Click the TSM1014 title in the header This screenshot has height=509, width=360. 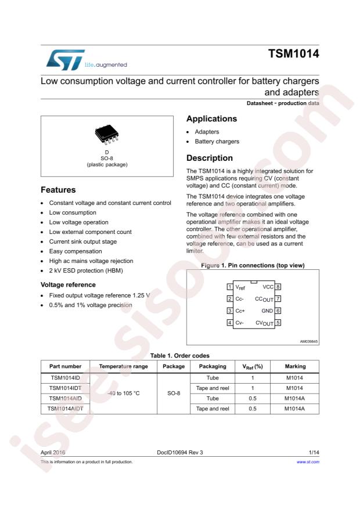(293, 55)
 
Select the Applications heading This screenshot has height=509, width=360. (211, 119)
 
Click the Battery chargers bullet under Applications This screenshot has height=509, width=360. (217, 141)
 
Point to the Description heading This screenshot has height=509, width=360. (209, 158)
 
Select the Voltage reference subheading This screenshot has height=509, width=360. (68, 285)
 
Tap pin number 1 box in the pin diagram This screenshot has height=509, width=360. (230, 287)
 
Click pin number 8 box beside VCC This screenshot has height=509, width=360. (278, 287)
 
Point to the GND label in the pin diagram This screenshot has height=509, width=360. (267, 311)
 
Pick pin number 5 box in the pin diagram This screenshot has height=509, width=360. (278, 323)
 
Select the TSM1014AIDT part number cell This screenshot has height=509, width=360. (65, 409)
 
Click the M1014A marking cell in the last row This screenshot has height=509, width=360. (294, 409)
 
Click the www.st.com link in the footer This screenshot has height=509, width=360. (308, 462)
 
